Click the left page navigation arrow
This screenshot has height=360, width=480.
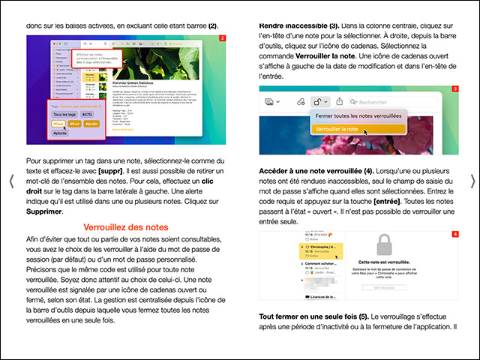[10, 181]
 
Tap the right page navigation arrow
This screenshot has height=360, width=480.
[472, 181]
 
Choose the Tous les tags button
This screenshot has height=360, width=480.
[62, 115]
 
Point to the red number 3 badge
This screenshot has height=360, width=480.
[455, 89]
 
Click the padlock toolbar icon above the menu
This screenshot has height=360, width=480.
[319, 101]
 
